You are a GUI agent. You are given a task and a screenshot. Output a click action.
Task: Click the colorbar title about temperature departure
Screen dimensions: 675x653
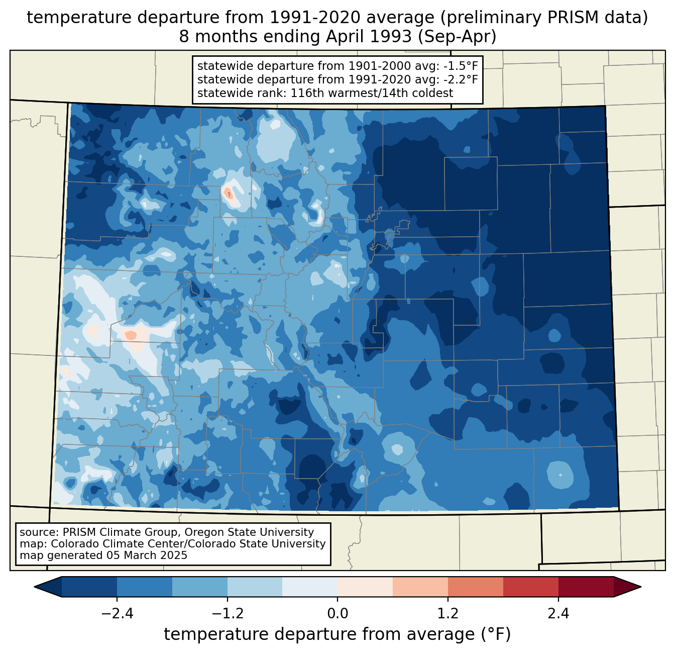click(x=338, y=634)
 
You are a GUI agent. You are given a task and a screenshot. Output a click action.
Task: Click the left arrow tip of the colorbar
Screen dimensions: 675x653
click(x=34, y=587)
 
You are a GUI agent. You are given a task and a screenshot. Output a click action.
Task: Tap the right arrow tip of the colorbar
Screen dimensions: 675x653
click(x=641, y=587)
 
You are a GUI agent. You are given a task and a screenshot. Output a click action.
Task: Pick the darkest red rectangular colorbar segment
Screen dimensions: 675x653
click(x=586, y=587)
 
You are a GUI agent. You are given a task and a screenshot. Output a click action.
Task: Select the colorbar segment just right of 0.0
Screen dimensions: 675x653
click(x=365, y=587)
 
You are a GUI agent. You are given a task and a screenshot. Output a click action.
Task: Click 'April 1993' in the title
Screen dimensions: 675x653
click(x=368, y=37)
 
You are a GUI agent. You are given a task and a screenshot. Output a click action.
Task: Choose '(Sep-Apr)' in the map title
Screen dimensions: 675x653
click(x=457, y=37)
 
